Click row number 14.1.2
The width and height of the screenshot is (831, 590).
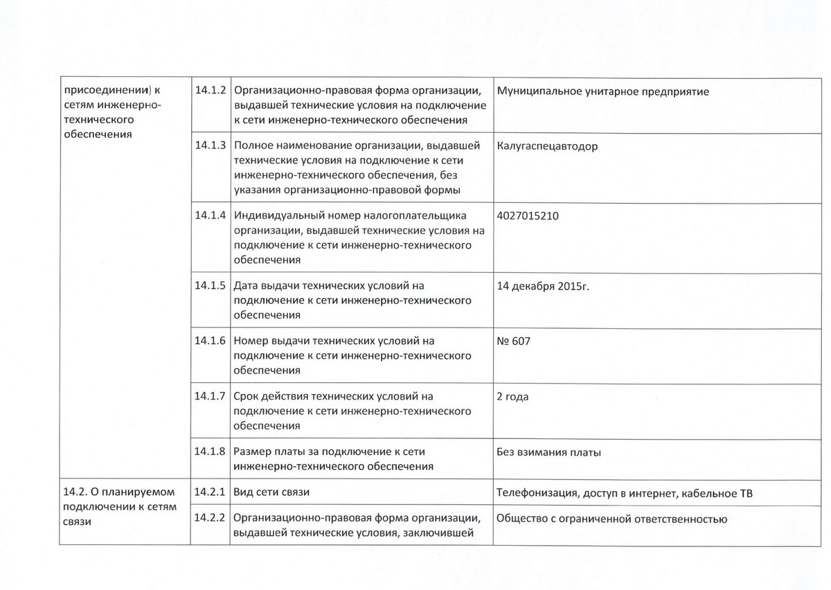[x=211, y=91]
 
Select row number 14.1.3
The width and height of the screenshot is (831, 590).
[x=211, y=147]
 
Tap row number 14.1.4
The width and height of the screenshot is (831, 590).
[x=211, y=215]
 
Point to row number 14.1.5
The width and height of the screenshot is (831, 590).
[x=211, y=285]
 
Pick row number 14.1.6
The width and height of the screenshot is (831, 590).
[x=211, y=341]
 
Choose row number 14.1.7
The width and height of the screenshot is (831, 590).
[x=211, y=397]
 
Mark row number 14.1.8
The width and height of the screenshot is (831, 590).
[x=211, y=452]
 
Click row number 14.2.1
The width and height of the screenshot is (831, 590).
[x=211, y=492]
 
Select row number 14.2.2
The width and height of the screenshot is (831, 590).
[x=211, y=519]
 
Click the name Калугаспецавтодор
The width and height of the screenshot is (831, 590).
[x=547, y=147]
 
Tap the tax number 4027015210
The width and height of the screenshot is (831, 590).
[x=528, y=215]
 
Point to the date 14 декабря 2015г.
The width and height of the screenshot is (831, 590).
[x=543, y=285]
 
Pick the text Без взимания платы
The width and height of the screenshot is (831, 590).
[x=548, y=452]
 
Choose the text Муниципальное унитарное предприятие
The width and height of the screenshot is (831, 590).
[x=602, y=91]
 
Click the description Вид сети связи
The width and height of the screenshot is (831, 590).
[x=271, y=492]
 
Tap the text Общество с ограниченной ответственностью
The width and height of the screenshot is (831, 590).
[x=611, y=519]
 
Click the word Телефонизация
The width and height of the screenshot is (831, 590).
[x=535, y=492]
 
